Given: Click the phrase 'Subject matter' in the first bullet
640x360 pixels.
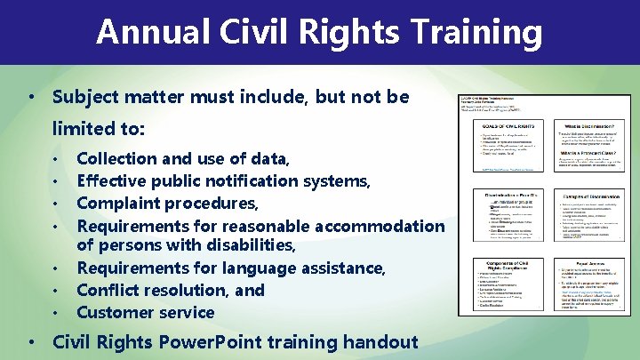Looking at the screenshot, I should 111,96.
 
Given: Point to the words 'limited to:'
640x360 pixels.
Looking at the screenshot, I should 98,128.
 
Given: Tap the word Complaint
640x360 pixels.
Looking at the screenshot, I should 119,203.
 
